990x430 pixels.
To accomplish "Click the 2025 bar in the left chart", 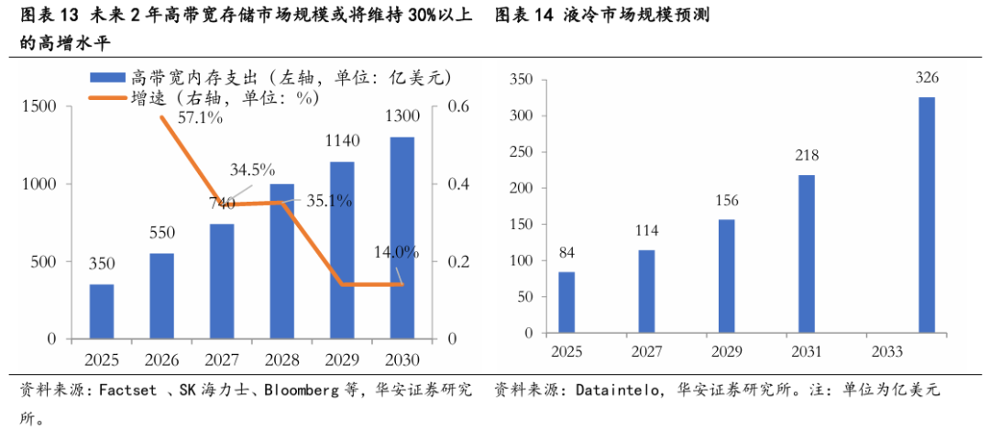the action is point(102,312).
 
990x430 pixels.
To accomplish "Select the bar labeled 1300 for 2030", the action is point(402,238).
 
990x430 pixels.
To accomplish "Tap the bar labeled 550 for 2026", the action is point(161,296).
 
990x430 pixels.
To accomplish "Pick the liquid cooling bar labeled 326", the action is point(927,215).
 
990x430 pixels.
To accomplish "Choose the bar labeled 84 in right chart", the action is point(567,303).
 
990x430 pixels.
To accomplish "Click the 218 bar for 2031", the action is point(807,254).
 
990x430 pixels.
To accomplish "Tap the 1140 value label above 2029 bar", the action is point(342,140).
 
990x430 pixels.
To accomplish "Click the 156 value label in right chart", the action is point(727,201).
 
